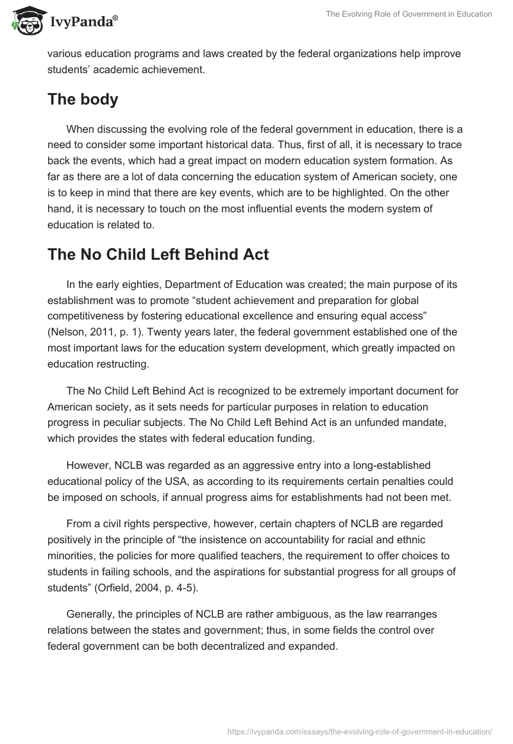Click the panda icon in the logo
coord(24,22)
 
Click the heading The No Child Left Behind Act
coord(158,255)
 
